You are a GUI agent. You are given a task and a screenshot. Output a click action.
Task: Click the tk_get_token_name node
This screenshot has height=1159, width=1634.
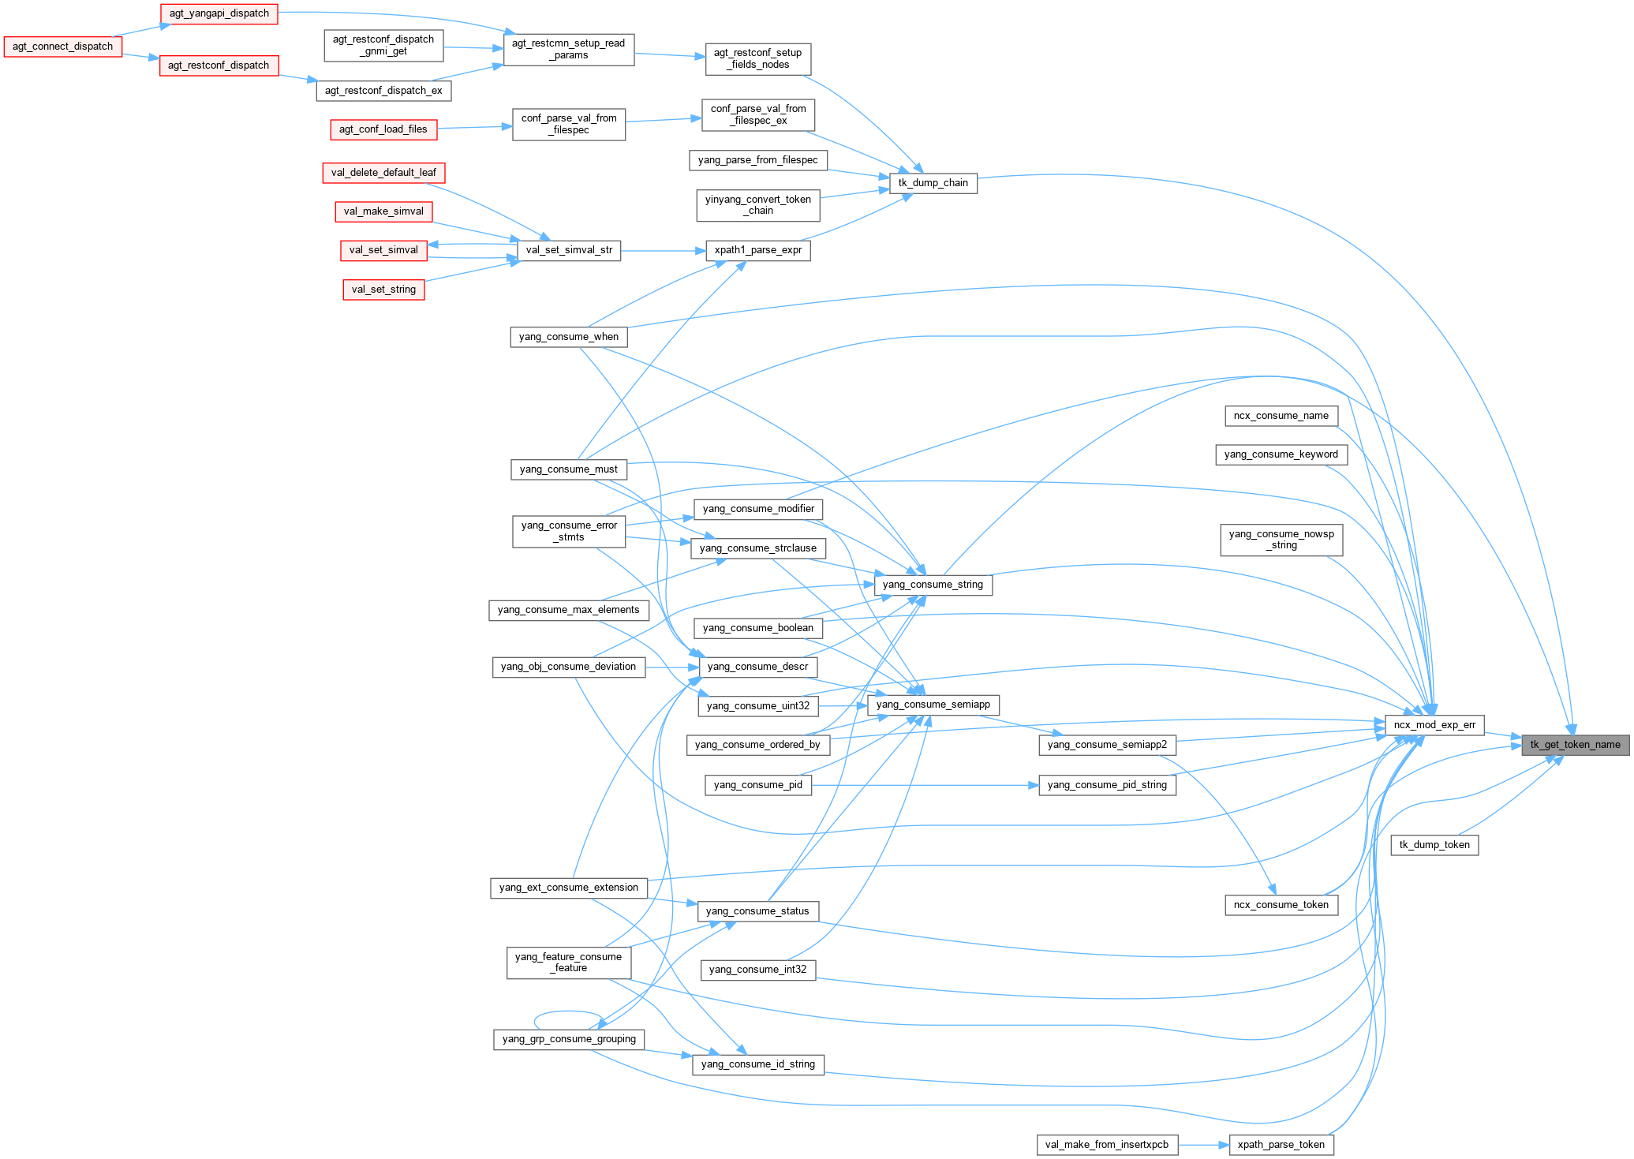(x=1575, y=745)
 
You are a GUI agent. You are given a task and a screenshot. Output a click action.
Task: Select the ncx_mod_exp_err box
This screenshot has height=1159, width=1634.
(x=1434, y=725)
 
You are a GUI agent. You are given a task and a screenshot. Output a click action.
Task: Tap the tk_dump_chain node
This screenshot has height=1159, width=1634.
(x=933, y=183)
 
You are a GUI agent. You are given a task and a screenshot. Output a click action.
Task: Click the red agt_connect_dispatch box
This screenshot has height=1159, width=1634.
(x=62, y=47)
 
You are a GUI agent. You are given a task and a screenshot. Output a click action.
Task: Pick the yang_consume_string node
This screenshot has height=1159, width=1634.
(x=933, y=585)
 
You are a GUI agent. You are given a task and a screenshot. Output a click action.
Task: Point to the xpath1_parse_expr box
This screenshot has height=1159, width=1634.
(x=757, y=251)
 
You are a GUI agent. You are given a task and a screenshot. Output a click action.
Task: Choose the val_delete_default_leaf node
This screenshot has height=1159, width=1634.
(x=383, y=173)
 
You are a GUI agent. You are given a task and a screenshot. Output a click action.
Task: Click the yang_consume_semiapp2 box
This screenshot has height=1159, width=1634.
(x=1107, y=745)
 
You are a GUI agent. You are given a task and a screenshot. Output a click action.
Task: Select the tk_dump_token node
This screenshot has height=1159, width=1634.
(x=1434, y=845)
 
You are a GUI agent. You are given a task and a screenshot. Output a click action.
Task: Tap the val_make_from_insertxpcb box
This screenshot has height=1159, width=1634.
(x=1106, y=1145)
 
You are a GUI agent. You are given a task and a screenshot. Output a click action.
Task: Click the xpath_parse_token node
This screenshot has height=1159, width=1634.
(x=1281, y=1145)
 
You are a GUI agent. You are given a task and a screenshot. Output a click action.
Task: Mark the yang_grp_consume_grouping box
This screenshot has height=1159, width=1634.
(x=568, y=1039)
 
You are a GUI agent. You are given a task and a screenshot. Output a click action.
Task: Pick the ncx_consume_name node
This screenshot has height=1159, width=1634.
(x=1281, y=416)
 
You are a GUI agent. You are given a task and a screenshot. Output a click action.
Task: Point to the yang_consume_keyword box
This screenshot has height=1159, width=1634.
(x=1281, y=454)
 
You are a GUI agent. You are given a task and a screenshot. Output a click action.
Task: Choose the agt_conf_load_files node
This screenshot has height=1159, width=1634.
(x=383, y=129)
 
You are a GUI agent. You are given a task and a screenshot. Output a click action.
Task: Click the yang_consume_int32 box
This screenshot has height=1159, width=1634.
(x=757, y=970)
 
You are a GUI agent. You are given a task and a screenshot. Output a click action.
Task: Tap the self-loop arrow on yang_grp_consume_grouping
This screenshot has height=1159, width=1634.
(x=566, y=1012)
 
